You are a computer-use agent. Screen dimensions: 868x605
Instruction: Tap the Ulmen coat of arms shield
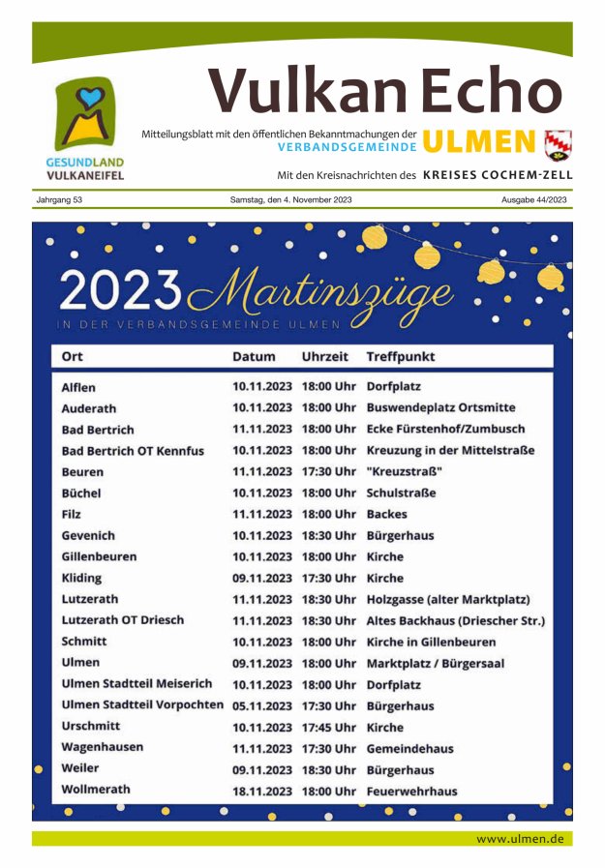(x=559, y=144)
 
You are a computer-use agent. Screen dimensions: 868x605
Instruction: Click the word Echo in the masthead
(x=491, y=93)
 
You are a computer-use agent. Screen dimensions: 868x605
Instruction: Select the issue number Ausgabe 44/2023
(x=534, y=200)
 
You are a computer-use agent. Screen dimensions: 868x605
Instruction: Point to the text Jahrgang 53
(x=59, y=200)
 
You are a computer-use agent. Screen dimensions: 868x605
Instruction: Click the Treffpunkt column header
(x=400, y=357)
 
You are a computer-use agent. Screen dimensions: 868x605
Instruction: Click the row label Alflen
(x=78, y=387)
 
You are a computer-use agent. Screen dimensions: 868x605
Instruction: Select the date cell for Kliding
(x=261, y=579)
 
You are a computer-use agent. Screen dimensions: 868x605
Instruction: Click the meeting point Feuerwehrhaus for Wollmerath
(x=411, y=792)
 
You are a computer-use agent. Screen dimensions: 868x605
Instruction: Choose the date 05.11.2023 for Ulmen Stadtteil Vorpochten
(x=261, y=706)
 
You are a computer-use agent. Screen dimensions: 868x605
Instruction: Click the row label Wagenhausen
(x=103, y=748)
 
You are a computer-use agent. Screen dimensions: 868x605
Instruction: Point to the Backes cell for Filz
(x=386, y=515)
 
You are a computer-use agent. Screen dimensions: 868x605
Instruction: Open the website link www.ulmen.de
(x=519, y=839)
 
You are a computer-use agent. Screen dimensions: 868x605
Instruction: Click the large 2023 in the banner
(x=120, y=287)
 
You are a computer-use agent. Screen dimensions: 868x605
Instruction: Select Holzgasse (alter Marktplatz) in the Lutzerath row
(x=447, y=600)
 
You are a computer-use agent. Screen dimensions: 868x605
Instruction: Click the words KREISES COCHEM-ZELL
(x=498, y=176)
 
